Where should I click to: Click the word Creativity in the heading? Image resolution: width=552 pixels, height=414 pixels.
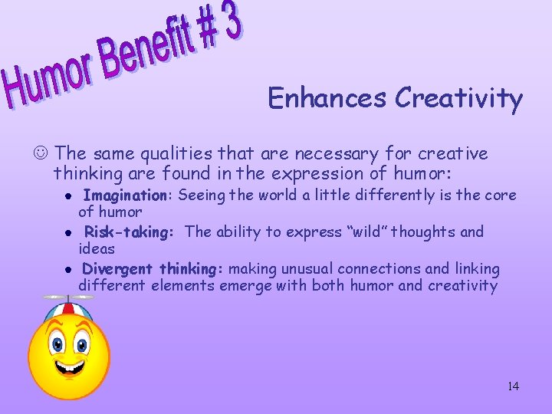(458, 99)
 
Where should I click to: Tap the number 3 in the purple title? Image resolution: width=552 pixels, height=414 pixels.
(231, 22)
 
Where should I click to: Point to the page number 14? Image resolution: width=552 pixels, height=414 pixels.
(513, 386)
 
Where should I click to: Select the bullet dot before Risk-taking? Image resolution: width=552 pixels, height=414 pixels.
(68, 232)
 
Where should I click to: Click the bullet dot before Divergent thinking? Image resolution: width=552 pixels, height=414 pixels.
(68, 269)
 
